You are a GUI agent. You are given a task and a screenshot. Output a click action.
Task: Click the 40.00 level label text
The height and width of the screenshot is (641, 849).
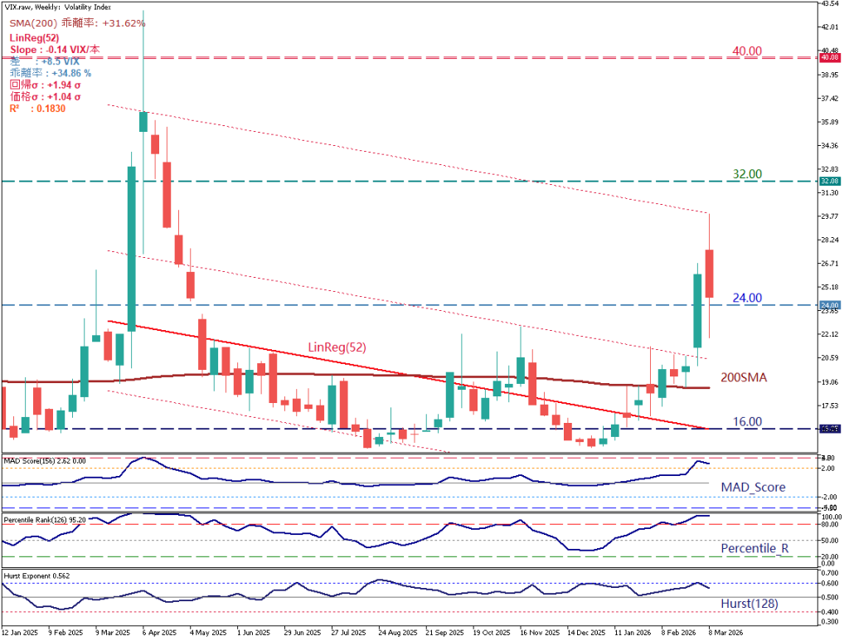747,51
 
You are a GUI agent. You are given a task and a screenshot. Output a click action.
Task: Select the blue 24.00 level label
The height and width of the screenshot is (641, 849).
747,298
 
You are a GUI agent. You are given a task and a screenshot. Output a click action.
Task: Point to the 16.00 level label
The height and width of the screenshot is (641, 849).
747,421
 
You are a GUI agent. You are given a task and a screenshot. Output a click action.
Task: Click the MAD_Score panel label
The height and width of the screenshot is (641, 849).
752,487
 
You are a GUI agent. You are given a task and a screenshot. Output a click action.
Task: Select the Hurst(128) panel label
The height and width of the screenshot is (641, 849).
750,604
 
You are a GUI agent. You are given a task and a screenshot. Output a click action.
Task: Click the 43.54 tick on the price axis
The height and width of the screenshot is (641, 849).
829,4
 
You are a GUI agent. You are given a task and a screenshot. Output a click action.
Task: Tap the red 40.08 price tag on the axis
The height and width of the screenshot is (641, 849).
829,58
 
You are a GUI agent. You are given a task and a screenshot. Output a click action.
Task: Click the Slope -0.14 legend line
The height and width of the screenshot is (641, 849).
55,50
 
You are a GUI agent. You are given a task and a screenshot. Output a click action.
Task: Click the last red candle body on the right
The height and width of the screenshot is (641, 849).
710,273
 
